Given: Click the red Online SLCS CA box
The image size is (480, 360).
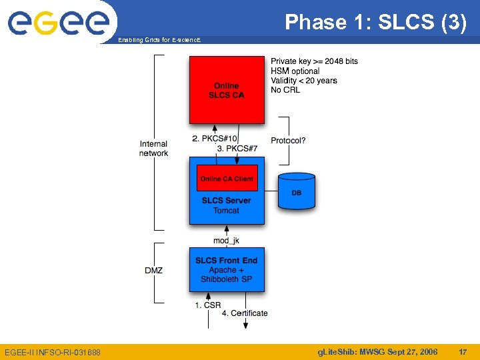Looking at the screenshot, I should pos(227,90).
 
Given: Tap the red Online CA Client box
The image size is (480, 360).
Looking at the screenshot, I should pos(227,179).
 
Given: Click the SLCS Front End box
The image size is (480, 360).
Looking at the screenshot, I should pos(227,269).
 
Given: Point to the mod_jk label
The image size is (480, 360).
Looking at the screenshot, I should pos(226,240).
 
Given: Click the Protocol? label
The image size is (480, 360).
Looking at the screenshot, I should pos(288,140).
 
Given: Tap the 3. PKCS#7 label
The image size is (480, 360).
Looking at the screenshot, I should pos(237,148).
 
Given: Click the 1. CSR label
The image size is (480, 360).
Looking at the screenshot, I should pos(208,305).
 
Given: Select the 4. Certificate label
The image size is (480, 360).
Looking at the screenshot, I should pos(245,313).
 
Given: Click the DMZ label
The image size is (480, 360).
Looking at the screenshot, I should pos(153,270).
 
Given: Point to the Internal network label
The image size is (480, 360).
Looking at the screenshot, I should pos(153,148).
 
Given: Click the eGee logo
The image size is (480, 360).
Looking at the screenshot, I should pos(58,23).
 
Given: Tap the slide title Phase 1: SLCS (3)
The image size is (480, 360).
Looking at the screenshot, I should pos(375,23).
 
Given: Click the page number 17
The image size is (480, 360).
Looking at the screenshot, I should pos(463,351).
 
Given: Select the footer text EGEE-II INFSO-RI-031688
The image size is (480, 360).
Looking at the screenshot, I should pos(53,351).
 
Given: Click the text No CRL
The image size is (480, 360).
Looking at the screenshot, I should pos(285,90).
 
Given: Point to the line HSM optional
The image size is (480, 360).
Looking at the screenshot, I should pos(295,71).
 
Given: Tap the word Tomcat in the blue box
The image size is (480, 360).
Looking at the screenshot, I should pos(227,211).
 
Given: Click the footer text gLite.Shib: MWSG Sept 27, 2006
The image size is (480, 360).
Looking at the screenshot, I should pos(377,351).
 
